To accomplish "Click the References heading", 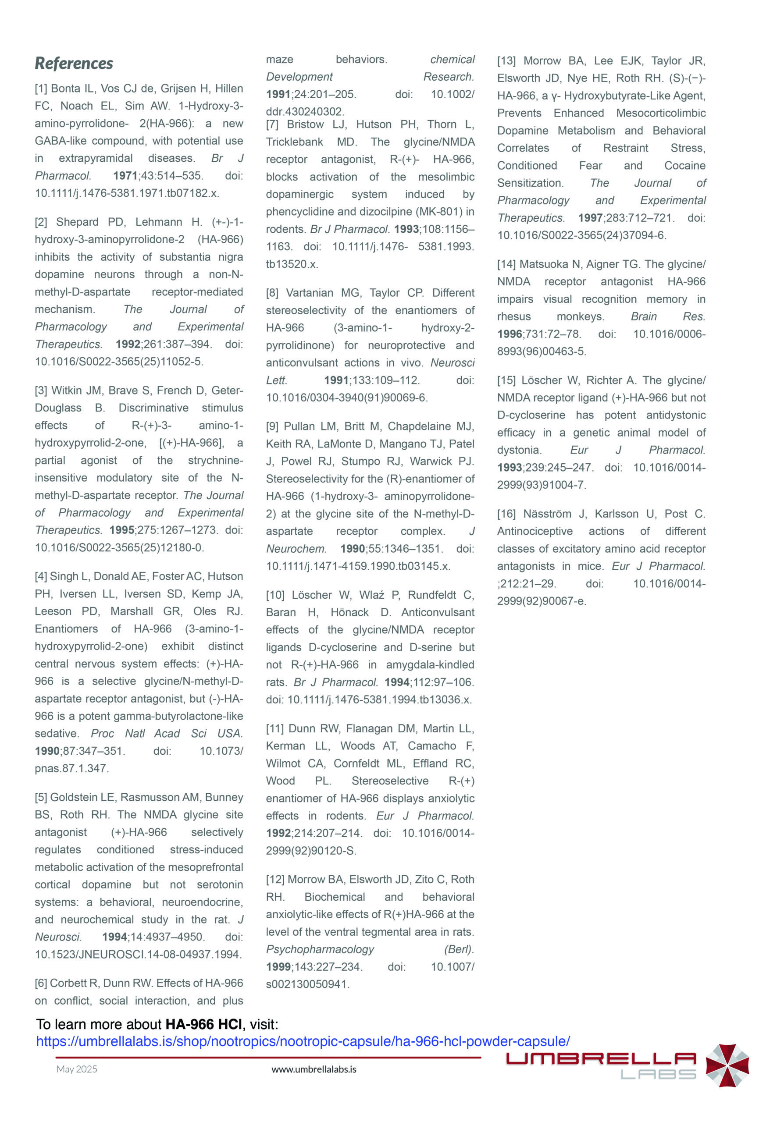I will click(74, 64).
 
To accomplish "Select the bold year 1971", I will click(125, 176).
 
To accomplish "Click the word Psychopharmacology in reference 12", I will click(320, 949).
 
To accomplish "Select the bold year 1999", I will click(278, 967).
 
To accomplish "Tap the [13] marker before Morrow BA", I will click(506, 61).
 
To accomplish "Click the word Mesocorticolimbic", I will click(661, 114).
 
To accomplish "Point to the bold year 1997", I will click(590, 218).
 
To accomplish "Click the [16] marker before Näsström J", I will click(506, 514).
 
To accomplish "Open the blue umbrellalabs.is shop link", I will click(303, 1041).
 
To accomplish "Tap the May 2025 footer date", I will click(77, 1069).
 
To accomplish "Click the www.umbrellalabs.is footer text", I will click(314, 1070).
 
